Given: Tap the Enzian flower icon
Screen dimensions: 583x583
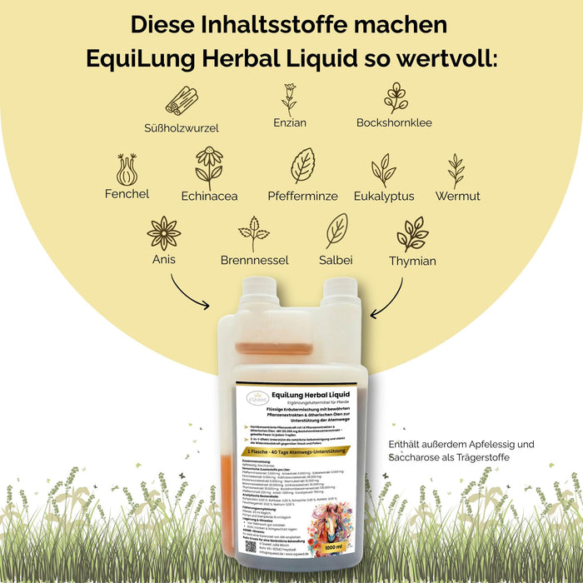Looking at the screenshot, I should pos(289,99).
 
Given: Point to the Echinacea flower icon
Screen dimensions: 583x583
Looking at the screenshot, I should pos(209,167).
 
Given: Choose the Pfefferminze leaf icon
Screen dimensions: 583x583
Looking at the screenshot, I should pos(302,166).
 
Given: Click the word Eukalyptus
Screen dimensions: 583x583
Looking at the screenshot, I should pos(384,197).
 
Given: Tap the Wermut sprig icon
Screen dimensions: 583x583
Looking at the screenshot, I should pos(456,171).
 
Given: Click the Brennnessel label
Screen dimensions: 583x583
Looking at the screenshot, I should pos(254,261).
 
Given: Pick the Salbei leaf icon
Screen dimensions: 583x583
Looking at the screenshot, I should pos(336,231).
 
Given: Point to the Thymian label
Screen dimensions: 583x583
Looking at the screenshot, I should pos(412,261).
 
